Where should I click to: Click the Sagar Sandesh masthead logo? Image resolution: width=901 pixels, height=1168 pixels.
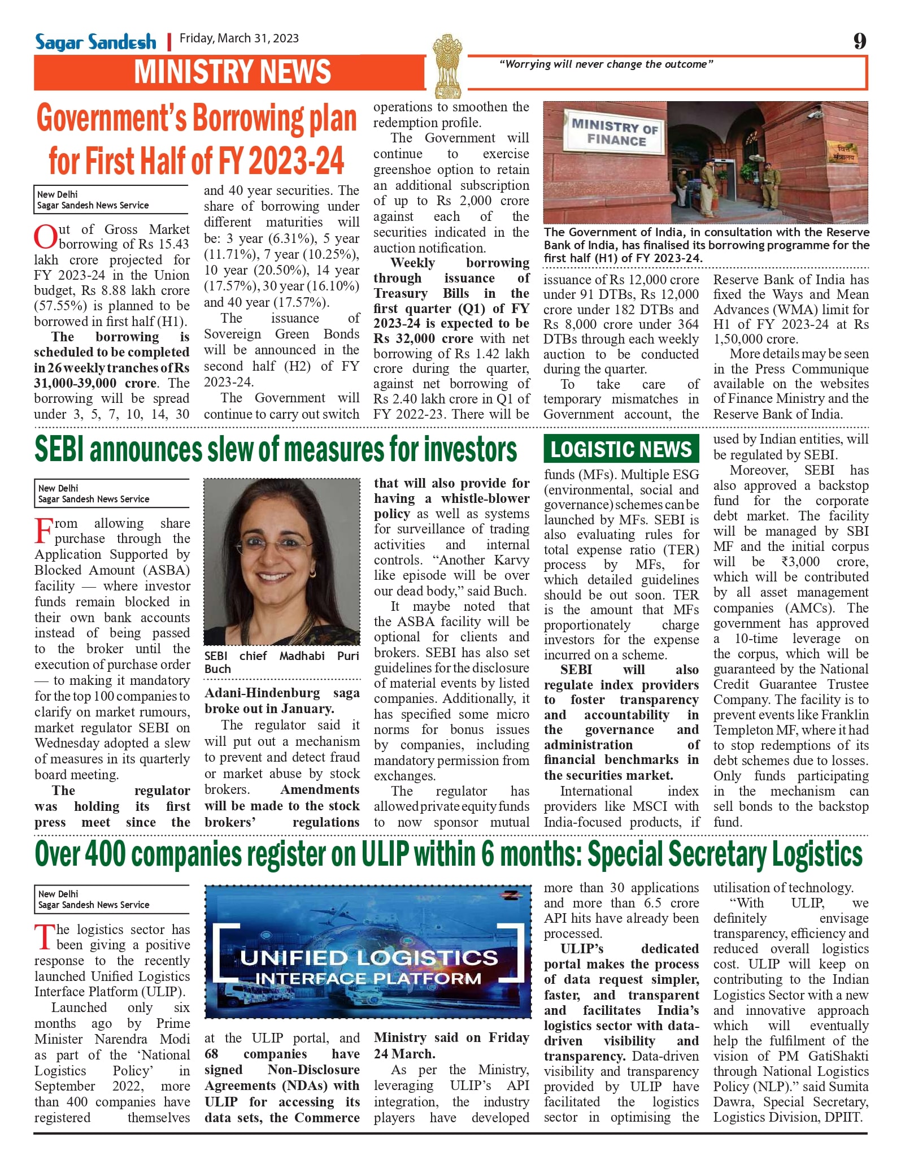95,42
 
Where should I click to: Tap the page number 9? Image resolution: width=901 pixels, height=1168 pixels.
859,41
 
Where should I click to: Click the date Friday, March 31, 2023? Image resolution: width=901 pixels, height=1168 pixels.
239,38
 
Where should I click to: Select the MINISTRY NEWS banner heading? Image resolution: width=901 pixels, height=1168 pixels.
232,72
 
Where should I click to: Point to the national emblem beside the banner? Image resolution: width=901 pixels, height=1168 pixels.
447,65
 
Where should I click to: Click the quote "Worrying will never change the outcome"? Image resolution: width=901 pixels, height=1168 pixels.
606,64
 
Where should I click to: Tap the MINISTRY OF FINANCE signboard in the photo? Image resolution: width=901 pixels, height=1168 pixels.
615,133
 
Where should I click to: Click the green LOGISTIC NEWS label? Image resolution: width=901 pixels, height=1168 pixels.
621,449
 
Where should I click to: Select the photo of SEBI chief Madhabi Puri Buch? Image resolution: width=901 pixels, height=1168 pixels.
281,562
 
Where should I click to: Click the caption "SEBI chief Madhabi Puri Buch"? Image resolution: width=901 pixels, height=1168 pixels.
281,662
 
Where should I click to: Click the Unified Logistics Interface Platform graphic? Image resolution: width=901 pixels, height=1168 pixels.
368,952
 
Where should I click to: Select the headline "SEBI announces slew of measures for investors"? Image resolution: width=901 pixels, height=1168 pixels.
276,450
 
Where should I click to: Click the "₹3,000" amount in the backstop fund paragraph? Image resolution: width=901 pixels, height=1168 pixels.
800,562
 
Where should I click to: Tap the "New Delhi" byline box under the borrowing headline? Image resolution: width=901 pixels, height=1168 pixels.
111,199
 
